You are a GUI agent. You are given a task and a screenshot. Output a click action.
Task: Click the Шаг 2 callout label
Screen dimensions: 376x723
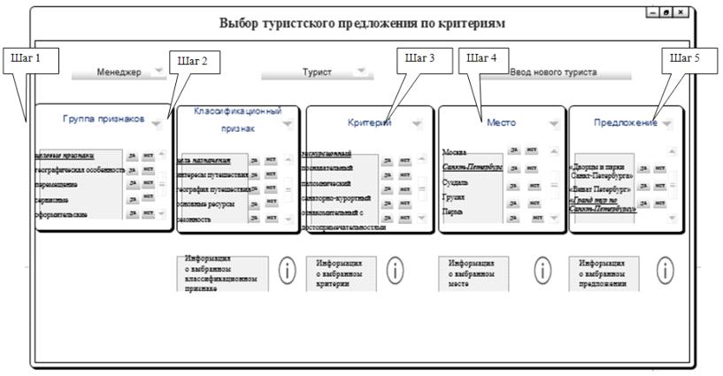tap(194, 62)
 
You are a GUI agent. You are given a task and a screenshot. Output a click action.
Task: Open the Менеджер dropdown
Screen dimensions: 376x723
tap(157, 72)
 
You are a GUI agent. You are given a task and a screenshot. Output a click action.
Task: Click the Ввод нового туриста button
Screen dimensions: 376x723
tap(556, 72)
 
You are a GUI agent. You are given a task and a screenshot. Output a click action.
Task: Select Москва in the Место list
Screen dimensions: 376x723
tap(455, 152)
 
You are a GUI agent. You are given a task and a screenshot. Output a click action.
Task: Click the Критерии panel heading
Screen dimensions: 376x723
tap(370, 123)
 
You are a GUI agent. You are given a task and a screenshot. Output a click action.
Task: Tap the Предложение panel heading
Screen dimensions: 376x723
tap(626, 123)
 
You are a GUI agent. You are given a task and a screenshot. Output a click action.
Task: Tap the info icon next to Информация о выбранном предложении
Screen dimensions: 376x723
tap(664, 272)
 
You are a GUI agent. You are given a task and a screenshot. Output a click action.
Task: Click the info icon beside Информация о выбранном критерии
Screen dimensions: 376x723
tap(395, 272)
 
